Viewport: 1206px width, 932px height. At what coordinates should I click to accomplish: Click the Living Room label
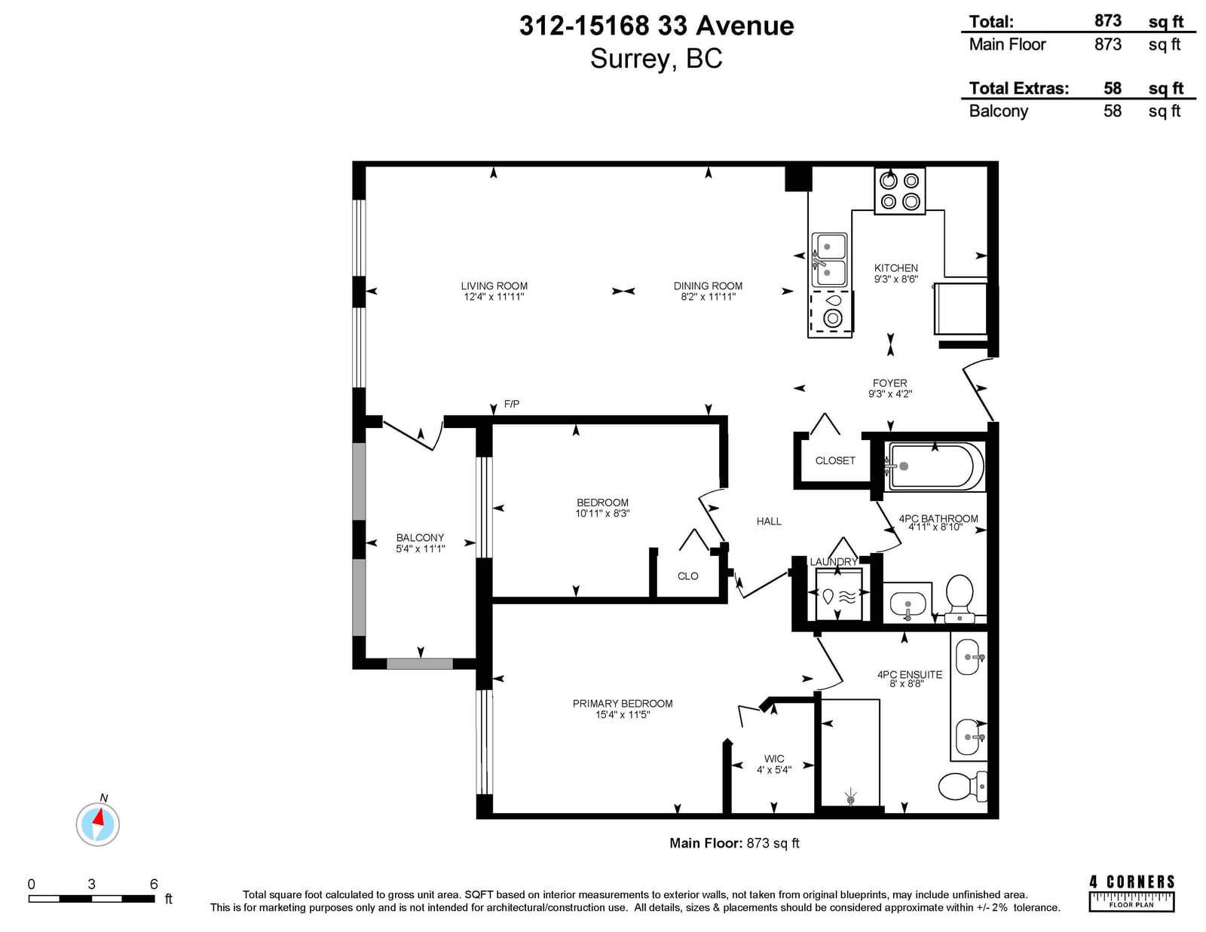[494, 286]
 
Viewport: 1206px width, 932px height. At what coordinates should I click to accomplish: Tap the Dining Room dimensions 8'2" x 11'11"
[709, 297]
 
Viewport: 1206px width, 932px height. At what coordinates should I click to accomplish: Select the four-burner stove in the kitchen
[899, 191]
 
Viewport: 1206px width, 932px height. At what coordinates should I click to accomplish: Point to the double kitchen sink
[829, 260]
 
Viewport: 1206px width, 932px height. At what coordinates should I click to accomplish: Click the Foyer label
[889, 383]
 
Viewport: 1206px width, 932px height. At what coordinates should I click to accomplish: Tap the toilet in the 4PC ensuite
[963, 786]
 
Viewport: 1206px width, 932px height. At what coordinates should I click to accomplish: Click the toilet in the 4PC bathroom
[960, 598]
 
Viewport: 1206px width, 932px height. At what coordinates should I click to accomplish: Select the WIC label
[774, 759]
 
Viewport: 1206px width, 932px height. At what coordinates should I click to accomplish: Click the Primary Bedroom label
[623, 704]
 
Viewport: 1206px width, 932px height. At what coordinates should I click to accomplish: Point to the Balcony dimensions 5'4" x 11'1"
[420, 549]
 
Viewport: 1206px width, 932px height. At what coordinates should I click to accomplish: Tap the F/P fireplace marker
[512, 404]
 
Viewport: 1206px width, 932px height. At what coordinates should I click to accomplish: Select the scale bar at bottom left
[92, 899]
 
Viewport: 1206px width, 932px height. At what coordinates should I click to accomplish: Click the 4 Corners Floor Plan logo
[1132, 893]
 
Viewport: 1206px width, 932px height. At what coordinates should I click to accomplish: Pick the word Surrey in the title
[632, 59]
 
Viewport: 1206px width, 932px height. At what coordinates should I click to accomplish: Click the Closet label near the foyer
[835, 460]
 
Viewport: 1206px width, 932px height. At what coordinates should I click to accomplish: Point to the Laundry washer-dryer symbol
[839, 594]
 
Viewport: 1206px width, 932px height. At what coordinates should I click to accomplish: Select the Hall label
[769, 521]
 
